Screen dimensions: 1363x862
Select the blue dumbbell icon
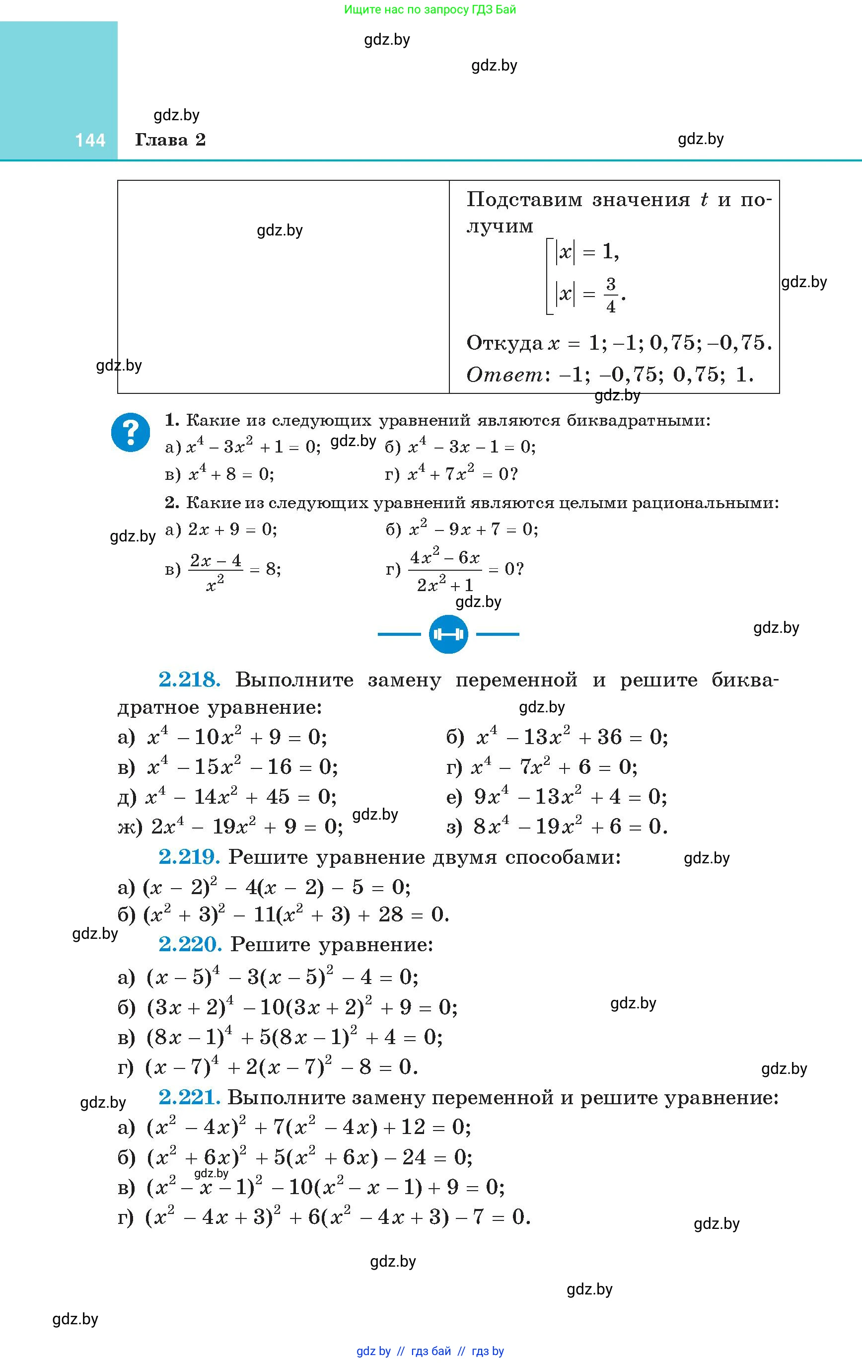(x=448, y=634)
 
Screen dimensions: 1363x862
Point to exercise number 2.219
(x=189, y=857)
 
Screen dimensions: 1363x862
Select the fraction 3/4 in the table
(x=610, y=295)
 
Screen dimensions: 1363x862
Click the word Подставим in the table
(x=524, y=199)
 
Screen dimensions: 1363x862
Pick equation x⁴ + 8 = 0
(x=231, y=473)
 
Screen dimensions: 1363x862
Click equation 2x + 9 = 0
(x=232, y=529)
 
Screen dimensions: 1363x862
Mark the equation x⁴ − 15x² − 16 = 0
(x=242, y=767)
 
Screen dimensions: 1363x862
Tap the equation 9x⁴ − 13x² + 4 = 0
(x=571, y=797)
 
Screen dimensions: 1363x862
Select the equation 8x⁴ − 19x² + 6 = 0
(x=571, y=827)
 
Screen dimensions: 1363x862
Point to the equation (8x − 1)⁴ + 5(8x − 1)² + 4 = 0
(x=294, y=1037)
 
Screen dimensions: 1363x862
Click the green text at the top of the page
(x=430, y=9)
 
